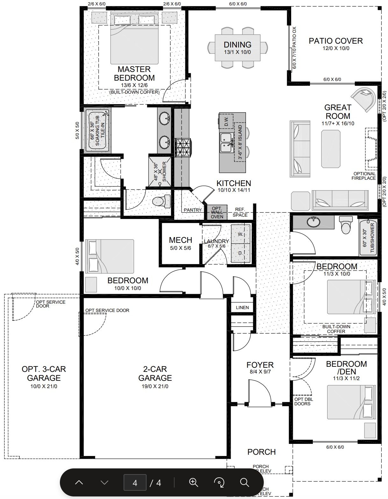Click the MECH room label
click(x=180, y=240)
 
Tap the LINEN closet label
click(x=242, y=307)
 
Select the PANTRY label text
click(x=193, y=210)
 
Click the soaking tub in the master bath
click(x=98, y=130)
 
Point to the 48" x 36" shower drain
click(x=160, y=171)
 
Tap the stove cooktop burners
click(x=183, y=148)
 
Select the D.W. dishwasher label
click(x=226, y=121)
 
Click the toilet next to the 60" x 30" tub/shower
click(x=346, y=225)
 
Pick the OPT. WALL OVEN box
click(x=217, y=213)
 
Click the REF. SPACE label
click(x=240, y=212)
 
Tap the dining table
click(x=238, y=48)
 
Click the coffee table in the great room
click(x=331, y=149)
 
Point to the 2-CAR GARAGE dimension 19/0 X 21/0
click(x=155, y=386)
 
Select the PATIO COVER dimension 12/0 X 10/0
click(x=336, y=48)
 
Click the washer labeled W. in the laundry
click(x=241, y=234)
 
